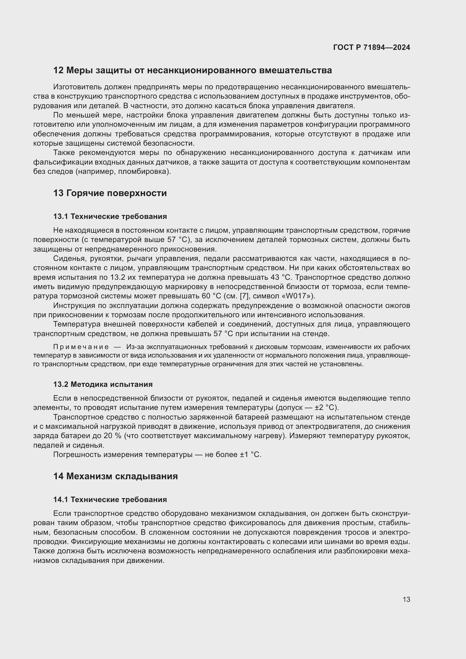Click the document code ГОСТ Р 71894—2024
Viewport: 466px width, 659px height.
pyautogui.click(x=372, y=47)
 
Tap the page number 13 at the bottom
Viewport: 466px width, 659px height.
pyautogui.click(x=406, y=599)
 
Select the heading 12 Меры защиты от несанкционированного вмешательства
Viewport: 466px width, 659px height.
pyautogui.click(x=192, y=70)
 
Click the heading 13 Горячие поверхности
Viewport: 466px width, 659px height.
pyautogui.click(x=110, y=193)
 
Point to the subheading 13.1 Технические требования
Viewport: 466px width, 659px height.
pyautogui.click(x=110, y=216)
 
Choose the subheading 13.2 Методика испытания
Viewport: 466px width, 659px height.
pyautogui.click(x=103, y=384)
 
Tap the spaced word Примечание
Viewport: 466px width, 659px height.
pyautogui.click(x=81, y=347)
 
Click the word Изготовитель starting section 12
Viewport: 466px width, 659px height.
pyautogui.click(x=77, y=87)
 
